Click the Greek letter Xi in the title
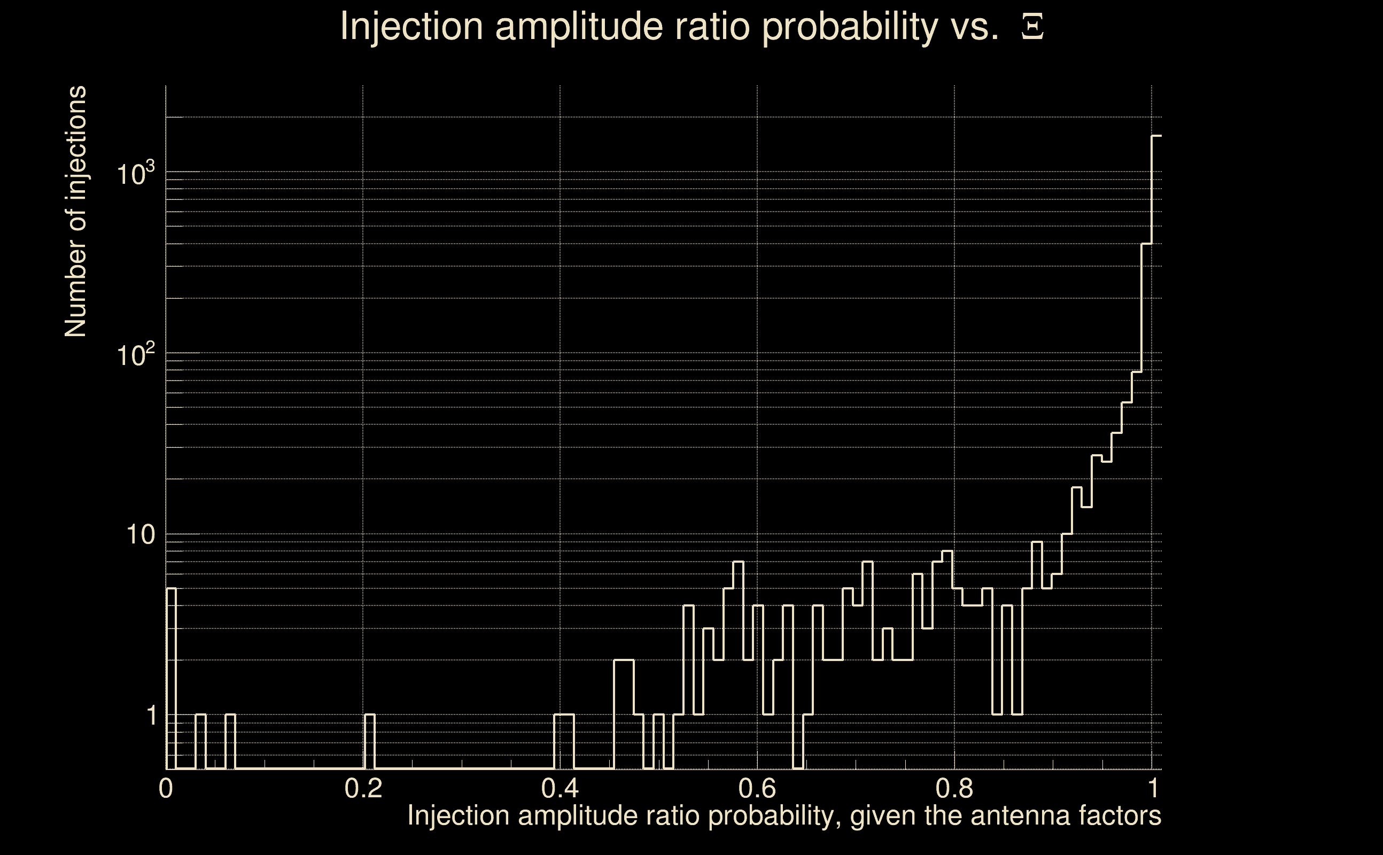[1032, 27]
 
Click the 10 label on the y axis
[140, 534]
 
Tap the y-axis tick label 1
[151, 716]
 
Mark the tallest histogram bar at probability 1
[1156, 453]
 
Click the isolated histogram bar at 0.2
[369, 742]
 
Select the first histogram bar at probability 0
[172, 679]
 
